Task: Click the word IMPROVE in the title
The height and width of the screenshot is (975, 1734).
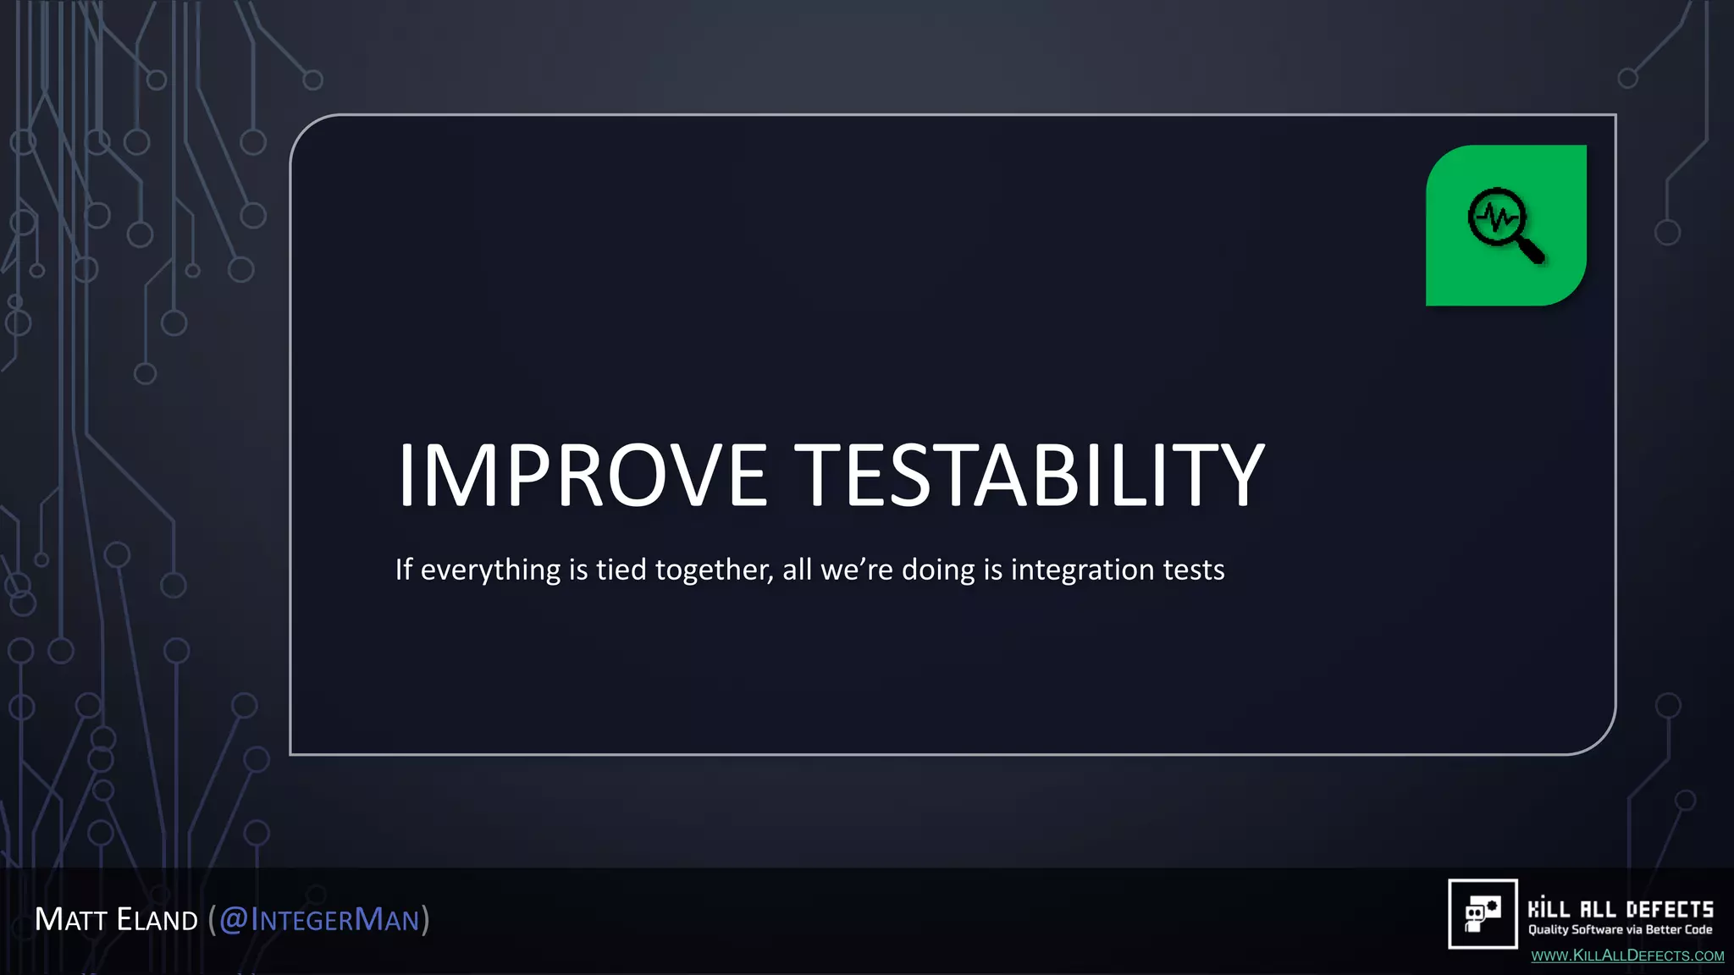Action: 583,476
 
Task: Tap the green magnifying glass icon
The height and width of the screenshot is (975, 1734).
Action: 1505,225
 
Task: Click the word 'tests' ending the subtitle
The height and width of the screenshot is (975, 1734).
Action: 1194,570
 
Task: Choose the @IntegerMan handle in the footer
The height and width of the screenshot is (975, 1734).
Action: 319,920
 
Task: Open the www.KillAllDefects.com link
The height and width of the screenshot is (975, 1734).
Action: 1627,956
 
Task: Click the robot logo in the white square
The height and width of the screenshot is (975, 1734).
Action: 1483,914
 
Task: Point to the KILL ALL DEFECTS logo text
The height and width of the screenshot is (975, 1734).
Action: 1621,910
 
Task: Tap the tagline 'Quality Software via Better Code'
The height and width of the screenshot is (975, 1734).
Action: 1621,930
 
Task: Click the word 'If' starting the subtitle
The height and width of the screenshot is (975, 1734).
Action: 404,570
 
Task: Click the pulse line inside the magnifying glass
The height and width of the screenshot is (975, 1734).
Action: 1497,218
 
